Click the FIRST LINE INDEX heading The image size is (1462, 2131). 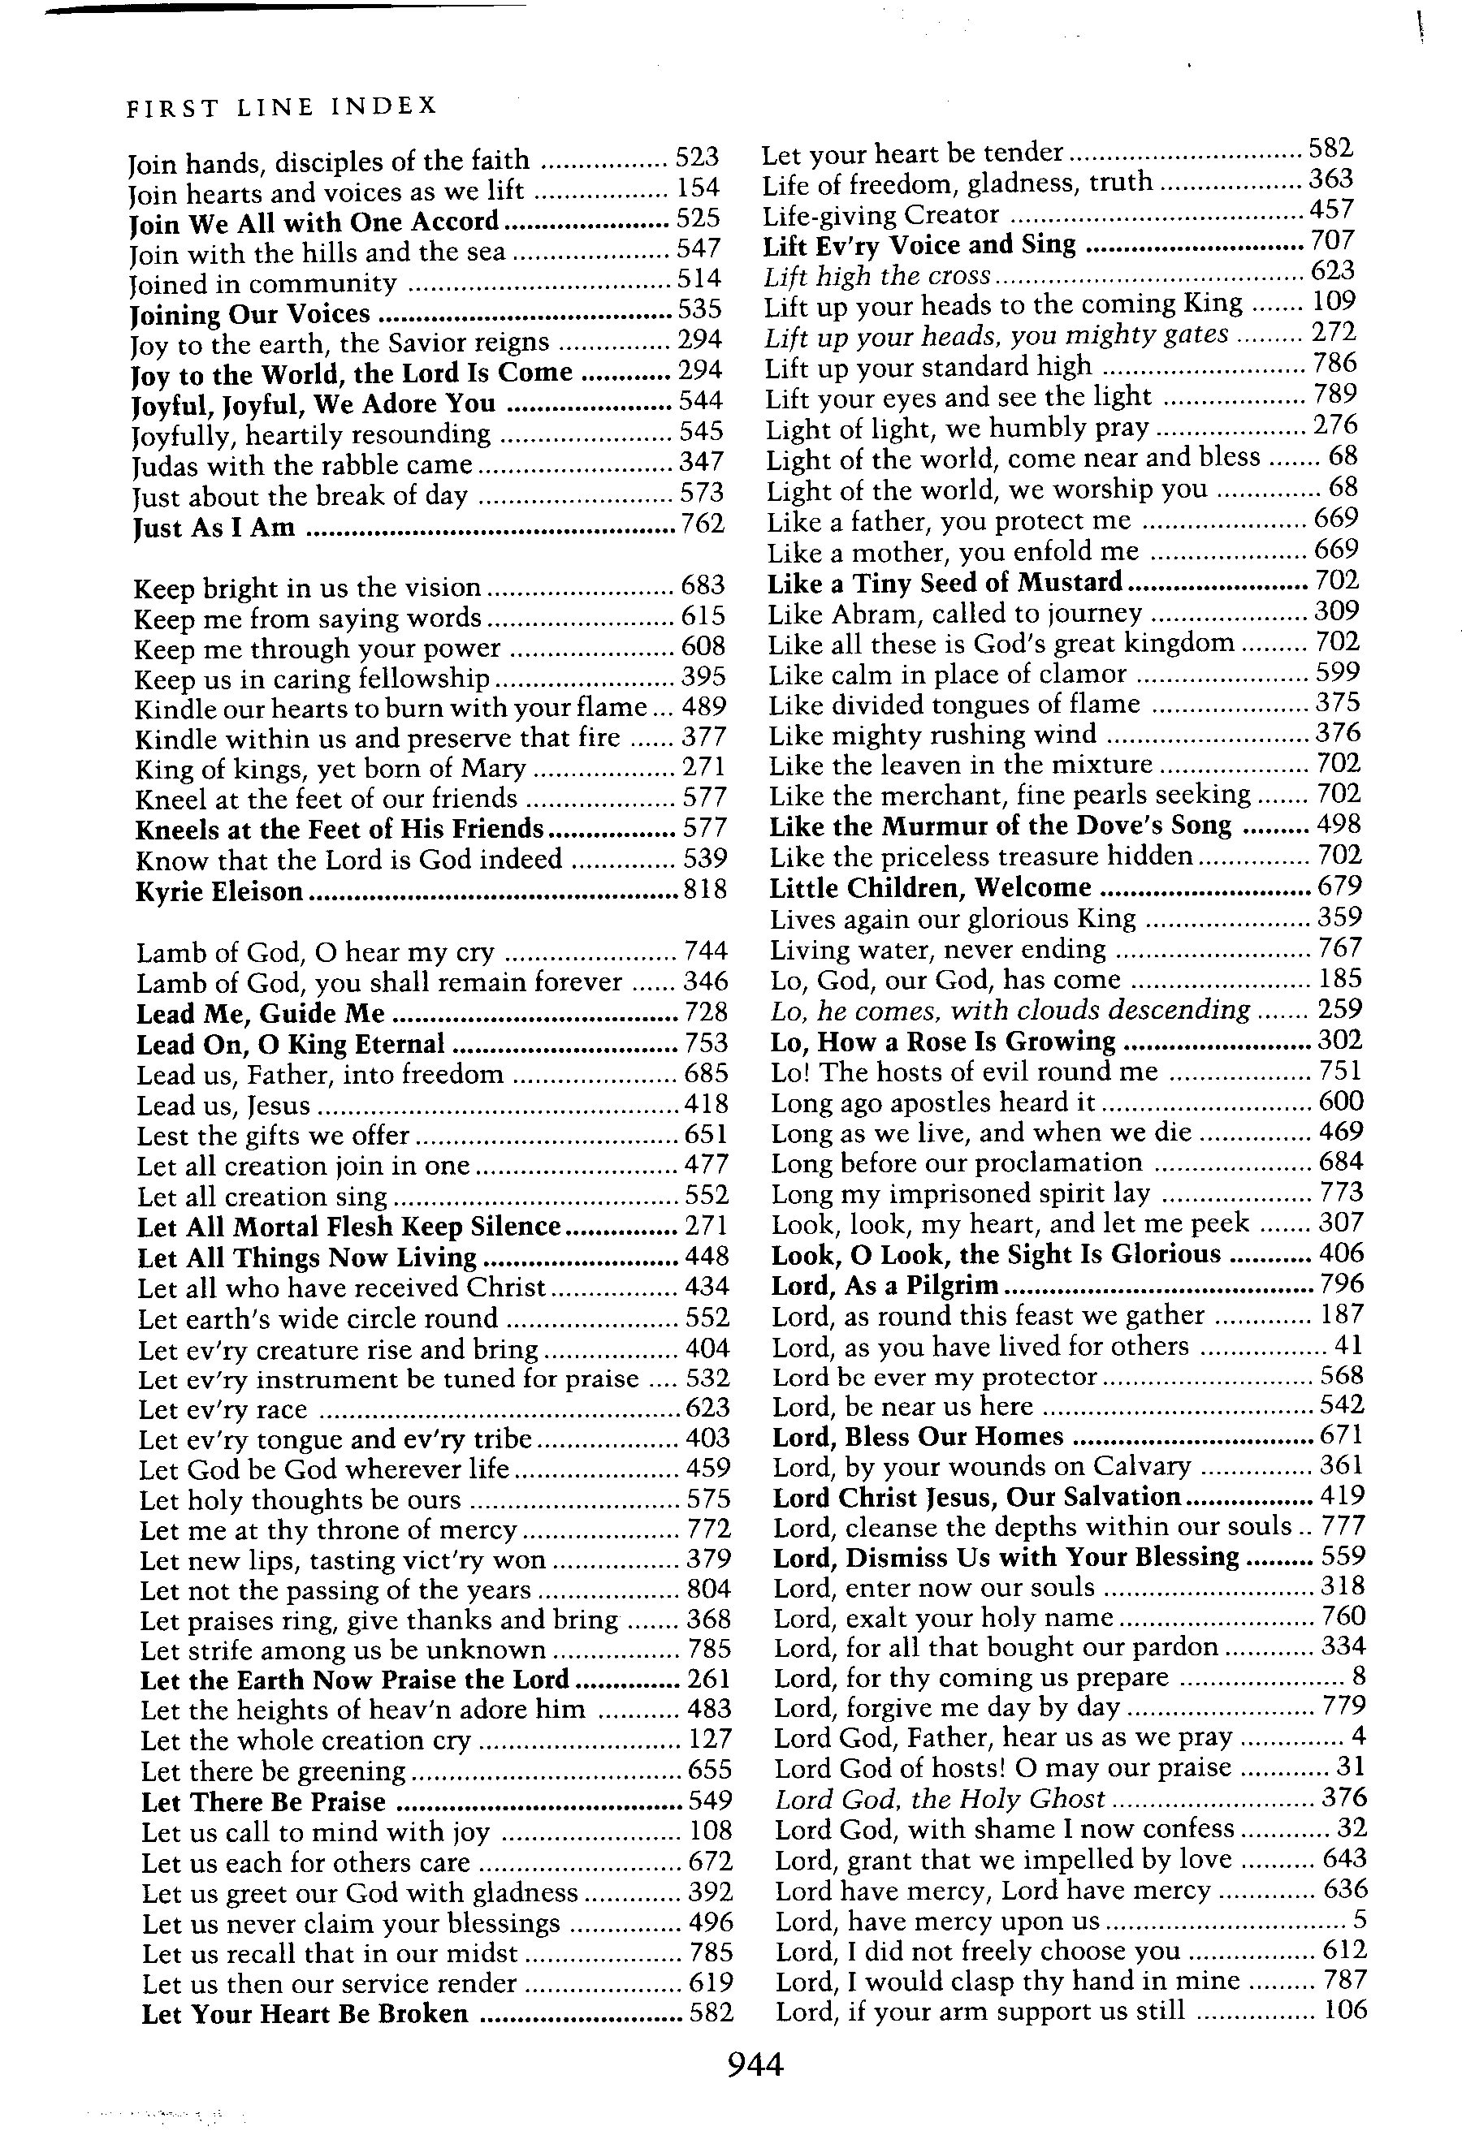(282, 107)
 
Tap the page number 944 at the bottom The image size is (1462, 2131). (755, 2064)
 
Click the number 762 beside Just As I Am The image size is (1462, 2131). (702, 524)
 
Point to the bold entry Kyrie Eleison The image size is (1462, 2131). (219, 891)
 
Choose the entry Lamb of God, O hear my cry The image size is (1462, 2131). (315, 953)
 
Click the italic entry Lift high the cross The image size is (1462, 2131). (878, 275)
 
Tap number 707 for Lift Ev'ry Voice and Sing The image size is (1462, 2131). (1332, 240)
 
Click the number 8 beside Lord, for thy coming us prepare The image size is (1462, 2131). (1358, 1676)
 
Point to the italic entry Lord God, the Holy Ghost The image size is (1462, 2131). (940, 1799)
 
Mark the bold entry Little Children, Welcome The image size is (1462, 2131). (930, 887)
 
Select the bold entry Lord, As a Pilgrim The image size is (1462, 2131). (885, 1284)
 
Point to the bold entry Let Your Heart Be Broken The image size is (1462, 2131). (305, 2013)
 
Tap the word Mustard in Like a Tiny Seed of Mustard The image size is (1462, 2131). (1071, 582)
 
